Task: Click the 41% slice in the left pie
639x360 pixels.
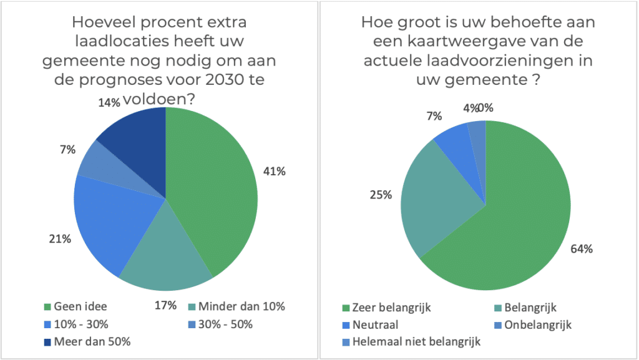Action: click(x=212, y=187)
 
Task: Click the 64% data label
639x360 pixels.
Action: click(x=582, y=248)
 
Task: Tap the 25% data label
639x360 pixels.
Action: click(x=381, y=195)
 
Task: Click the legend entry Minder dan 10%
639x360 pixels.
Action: click(x=241, y=306)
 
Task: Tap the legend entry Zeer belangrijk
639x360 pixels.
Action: click(x=390, y=307)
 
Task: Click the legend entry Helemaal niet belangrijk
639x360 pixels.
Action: click(x=414, y=341)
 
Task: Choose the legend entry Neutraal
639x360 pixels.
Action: click(x=374, y=324)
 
